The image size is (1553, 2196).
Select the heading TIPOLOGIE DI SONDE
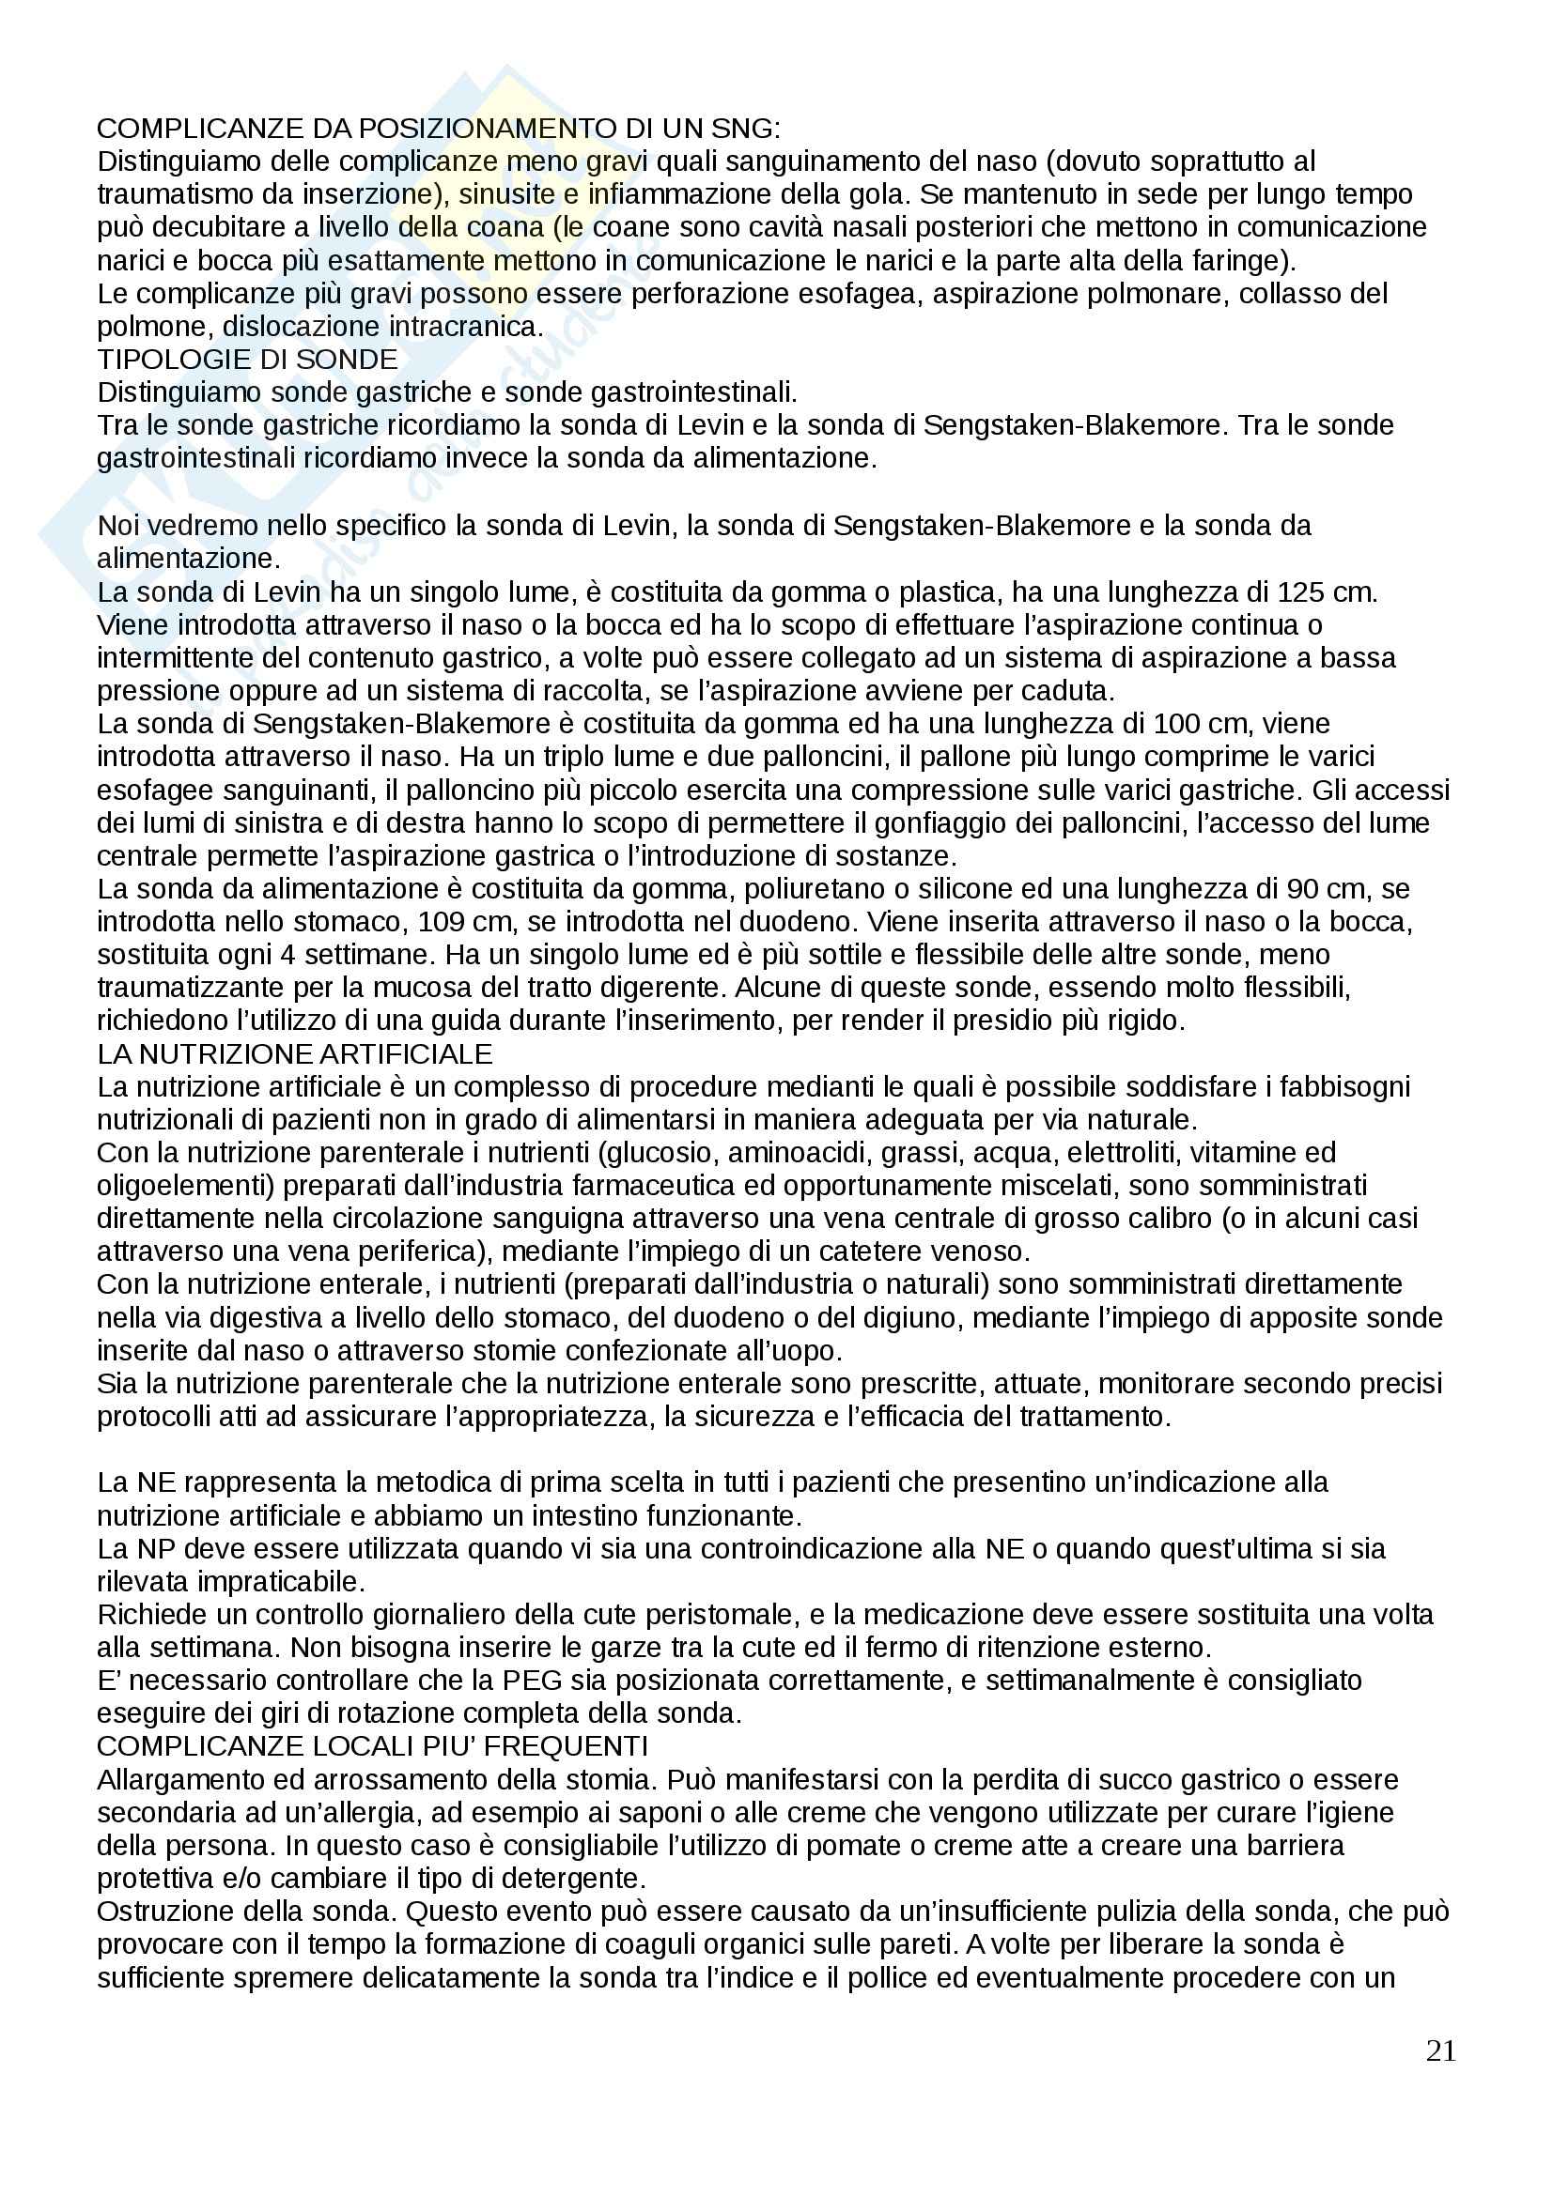tap(247, 360)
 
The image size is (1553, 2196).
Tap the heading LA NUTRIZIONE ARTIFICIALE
tap(295, 1054)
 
